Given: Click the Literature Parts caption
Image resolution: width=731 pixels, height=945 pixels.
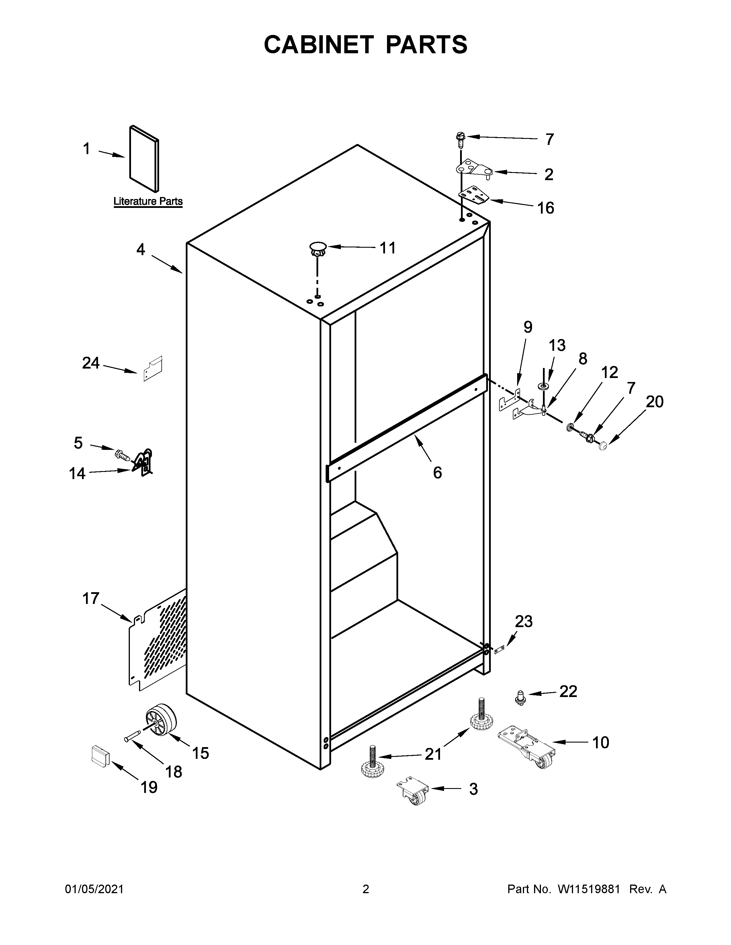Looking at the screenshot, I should point(148,202).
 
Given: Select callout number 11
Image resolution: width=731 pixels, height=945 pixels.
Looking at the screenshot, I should point(388,248).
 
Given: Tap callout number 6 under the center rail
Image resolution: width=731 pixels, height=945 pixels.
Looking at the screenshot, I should point(437,473).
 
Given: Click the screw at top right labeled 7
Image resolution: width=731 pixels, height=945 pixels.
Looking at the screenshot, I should point(460,139).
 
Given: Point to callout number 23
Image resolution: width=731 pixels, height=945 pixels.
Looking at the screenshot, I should point(523,622).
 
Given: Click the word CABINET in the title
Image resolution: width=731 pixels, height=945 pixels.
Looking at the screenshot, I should point(318,45).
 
